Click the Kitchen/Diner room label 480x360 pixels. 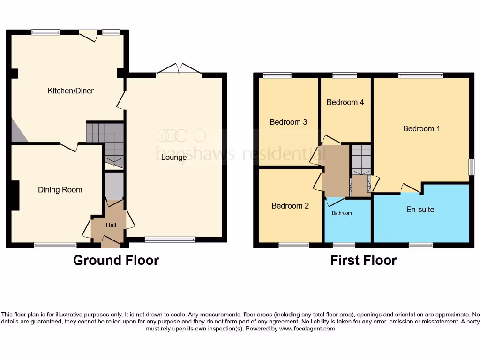coord(71,90)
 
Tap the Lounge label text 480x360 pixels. coord(174,157)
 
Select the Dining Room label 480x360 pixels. coord(60,189)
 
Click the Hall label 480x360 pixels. coord(111,225)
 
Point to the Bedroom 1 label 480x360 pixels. coord(421,128)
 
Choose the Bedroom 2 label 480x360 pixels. coord(290,205)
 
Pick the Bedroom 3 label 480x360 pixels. coord(288,122)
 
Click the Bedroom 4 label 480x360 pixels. coord(345,102)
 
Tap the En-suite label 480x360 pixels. coord(420,210)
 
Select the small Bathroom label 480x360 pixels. coord(342,213)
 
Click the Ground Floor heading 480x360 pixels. coord(116,260)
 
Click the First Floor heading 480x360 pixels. coord(363,260)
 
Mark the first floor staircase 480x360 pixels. coord(361,159)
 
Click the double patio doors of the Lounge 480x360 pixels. coord(179,69)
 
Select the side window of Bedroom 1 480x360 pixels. coord(471,167)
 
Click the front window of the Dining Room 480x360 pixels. coord(55,245)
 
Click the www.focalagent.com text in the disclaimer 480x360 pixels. coord(307,329)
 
